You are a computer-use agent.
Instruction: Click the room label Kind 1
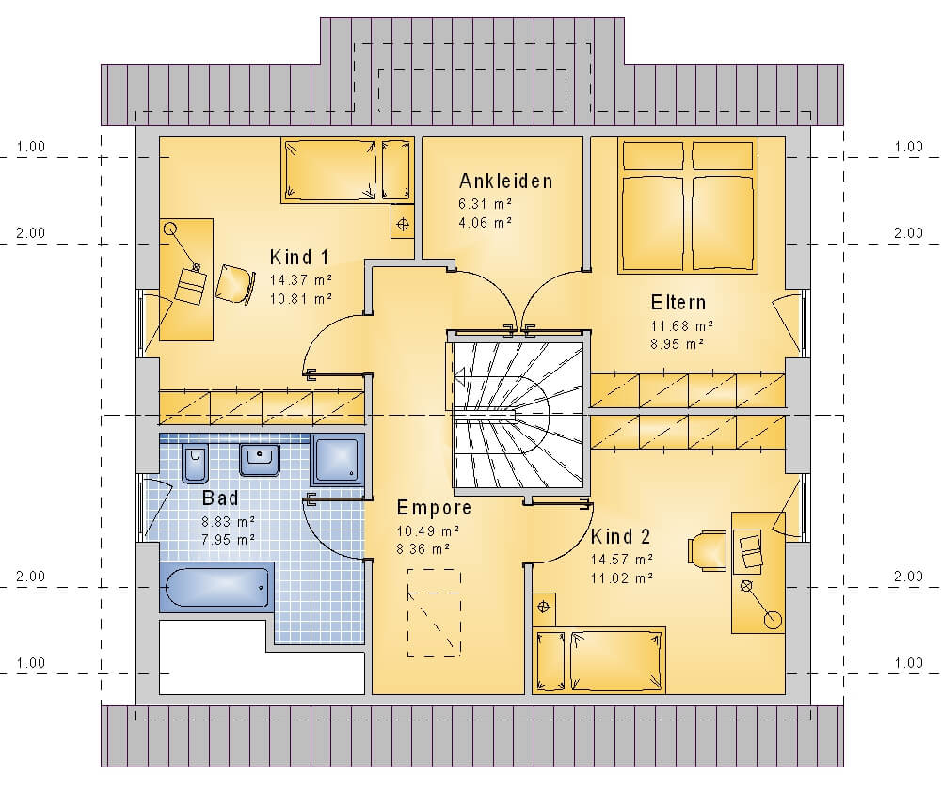299,258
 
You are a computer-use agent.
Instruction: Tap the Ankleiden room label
505,182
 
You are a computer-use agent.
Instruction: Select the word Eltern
678,302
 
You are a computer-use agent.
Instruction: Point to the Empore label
434,509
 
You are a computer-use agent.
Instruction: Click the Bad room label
220,498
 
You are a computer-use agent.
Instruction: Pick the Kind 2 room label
620,536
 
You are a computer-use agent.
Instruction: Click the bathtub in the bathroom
216,587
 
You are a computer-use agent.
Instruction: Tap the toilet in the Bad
195,464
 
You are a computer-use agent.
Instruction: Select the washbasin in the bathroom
260,460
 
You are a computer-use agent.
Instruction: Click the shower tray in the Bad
337,460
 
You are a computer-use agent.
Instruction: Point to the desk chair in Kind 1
233,284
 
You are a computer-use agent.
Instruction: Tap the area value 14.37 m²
301,280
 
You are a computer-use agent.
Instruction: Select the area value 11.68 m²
682,326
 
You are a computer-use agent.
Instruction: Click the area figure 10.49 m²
428,531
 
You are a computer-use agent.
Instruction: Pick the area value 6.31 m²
486,204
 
